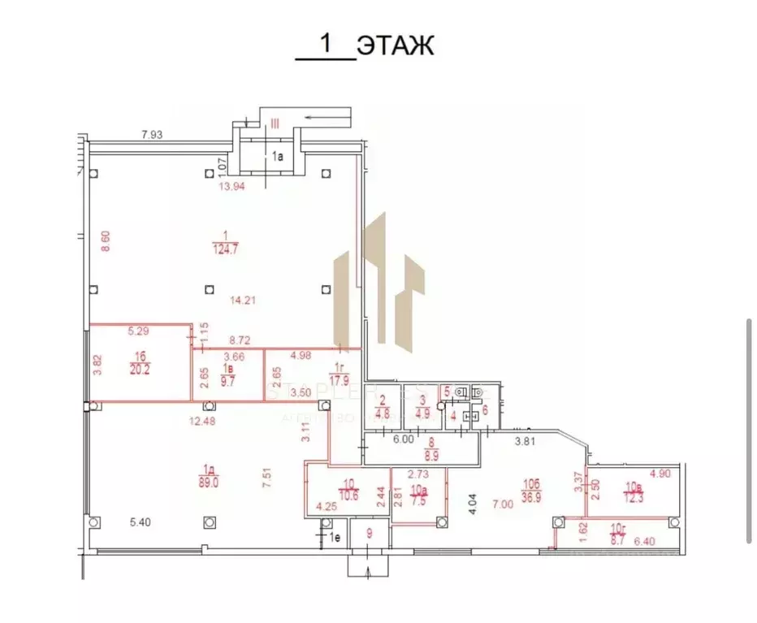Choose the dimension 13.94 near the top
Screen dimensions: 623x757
coord(231,186)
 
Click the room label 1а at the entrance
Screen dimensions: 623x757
coord(278,154)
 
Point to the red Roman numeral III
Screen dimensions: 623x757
coord(275,123)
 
